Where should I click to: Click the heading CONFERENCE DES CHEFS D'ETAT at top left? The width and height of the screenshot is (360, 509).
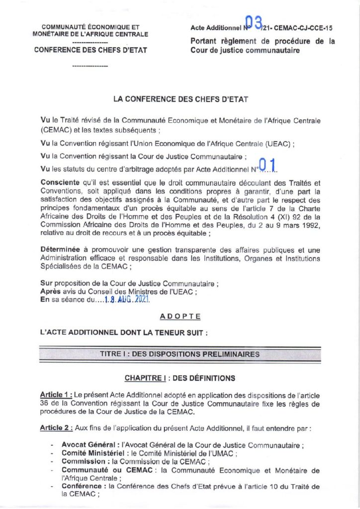pyautogui.click(x=90, y=50)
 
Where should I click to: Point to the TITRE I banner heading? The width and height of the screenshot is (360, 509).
pyautogui.click(x=180, y=354)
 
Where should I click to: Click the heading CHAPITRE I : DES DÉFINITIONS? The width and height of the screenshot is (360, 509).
pyautogui.click(x=180, y=378)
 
